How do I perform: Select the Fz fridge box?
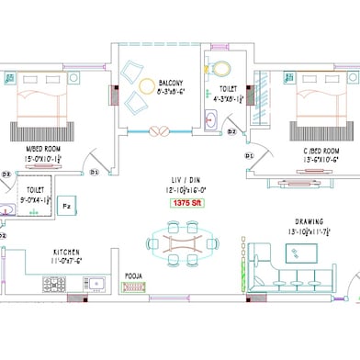click(x=67, y=206)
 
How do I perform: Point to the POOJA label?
click(x=135, y=274)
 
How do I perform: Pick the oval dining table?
click(x=181, y=244)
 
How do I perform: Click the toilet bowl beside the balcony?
click(x=220, y=68)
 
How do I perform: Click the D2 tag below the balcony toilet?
click(x=232, y=131)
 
